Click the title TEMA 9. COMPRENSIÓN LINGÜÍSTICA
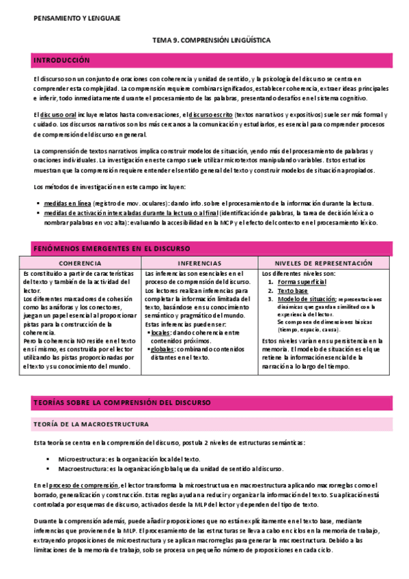point(211,41)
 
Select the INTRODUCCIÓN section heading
point(61,61)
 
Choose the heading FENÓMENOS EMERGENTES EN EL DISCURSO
point(112,248)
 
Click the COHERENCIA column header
point(81,263)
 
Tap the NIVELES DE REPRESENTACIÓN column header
point(324,263)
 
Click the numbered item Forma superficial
point(302,281)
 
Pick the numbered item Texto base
point(292,290)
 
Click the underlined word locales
point(160,332)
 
